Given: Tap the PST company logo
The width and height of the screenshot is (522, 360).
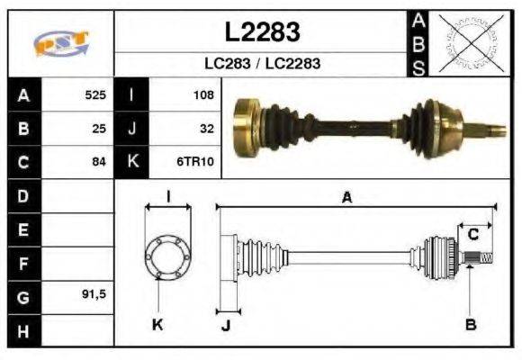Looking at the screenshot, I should (60, 43).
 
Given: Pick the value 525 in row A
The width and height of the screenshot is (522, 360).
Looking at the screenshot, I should (95, 94).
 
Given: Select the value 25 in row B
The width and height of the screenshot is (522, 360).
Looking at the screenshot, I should (99, 128).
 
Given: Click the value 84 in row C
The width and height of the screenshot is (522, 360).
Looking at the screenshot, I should (99, 162).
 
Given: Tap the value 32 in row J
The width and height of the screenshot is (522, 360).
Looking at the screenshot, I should (206, 128).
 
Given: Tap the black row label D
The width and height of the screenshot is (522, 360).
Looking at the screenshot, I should (22, 195).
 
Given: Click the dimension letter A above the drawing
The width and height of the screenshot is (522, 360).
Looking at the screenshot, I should (346, 198).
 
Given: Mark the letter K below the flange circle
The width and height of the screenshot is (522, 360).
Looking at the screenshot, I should (157, 324).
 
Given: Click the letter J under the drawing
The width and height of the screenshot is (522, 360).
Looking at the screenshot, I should (225, 326).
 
